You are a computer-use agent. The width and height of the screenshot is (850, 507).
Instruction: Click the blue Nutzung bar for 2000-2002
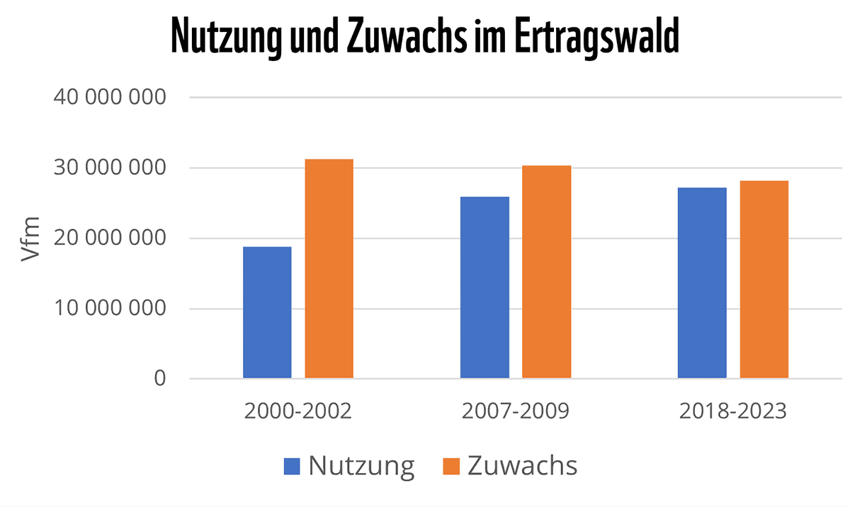tap(267, 312)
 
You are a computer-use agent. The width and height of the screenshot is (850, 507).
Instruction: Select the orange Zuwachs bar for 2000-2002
tap(329, 268)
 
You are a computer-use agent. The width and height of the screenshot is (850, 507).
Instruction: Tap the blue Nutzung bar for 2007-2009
tap(484, 287)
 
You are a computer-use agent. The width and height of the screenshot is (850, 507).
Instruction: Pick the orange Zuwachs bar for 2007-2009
tap(546, 272)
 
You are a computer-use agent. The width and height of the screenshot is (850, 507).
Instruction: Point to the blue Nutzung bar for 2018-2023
tap(702, 283)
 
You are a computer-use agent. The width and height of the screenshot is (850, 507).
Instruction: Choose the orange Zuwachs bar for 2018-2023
tap(764, 279)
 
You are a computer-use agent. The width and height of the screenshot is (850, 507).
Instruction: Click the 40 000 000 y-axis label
tap(109, 97)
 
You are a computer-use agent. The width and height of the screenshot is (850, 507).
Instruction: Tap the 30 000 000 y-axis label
tap(109, 168)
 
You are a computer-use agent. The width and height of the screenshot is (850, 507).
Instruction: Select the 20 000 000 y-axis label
tap(109, 238)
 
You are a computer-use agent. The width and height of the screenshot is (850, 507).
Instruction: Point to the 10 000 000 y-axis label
tap(109, 309)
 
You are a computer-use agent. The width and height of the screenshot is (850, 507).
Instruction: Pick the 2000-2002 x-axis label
tap(297, 411)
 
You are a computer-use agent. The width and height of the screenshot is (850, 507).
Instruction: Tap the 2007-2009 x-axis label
tap(515, 411)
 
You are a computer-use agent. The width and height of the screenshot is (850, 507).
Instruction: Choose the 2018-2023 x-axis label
tap(732, 411)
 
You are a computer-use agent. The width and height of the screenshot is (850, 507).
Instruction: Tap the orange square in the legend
tap(451, 466)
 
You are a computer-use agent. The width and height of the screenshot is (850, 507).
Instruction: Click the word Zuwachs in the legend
tap(522, 466)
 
